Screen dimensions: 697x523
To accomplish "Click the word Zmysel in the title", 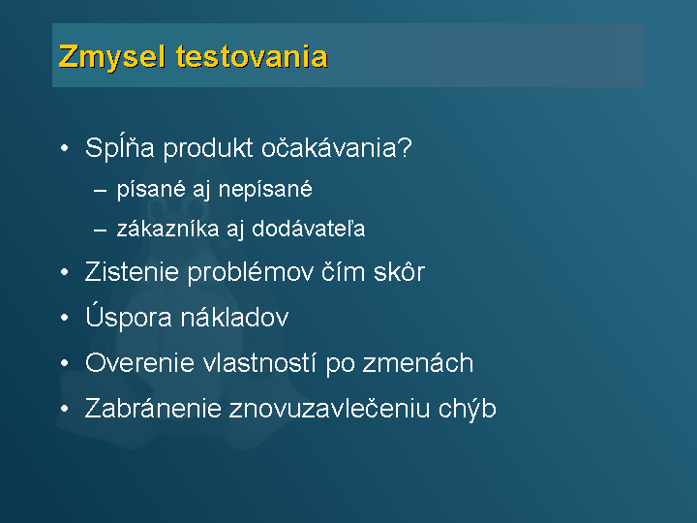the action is [x=112, y=57].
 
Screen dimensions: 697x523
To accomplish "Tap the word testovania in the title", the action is [x=252, y=57].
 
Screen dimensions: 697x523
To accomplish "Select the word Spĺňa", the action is [x=120, y=147].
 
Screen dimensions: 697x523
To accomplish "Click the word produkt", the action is [x=208, y=147].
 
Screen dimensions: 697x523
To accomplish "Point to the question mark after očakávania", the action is [x=405, y=147].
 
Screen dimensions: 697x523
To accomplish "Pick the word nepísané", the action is [x=265, y=190].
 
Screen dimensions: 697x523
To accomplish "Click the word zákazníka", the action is [x=167, y=229].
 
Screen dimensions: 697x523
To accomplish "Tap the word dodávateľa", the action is [x=309, y=229].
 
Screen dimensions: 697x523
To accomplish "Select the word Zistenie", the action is [x=132, y=271].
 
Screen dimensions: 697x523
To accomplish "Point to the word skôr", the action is [x=399, y=271].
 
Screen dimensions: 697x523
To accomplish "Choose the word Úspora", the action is [x=128, y=317].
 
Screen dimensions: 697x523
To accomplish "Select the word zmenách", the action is [x=418, y=363].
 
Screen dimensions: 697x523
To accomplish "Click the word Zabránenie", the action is [x=153, y=409].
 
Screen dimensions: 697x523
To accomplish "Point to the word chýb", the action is [x=468, y=409].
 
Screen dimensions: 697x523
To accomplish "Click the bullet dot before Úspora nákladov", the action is [x=65, y=318].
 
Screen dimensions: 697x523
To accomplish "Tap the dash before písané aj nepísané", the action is [x=101, y=191].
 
